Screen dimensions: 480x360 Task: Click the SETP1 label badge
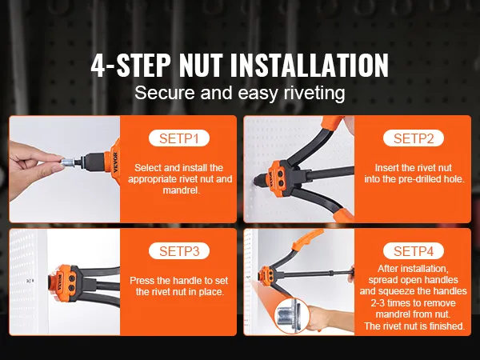[179, 138]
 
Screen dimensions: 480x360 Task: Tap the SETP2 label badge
[414, 138]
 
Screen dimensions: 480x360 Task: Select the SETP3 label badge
[179, 251]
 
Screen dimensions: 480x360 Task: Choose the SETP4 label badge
[414, 251]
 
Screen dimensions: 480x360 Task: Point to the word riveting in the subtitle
[314, 93]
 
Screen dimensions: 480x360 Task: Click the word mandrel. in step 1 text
[182, 190]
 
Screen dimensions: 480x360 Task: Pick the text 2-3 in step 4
[378, 303]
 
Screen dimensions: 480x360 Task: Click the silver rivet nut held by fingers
[67, 162]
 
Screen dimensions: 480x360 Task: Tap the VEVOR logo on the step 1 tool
[115, 162]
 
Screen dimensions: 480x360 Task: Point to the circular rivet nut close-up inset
[293, 315]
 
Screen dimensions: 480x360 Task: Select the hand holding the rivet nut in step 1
[33, 168]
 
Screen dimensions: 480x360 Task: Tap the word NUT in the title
[201, 66]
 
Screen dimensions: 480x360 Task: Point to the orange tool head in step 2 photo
[278, 175]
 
